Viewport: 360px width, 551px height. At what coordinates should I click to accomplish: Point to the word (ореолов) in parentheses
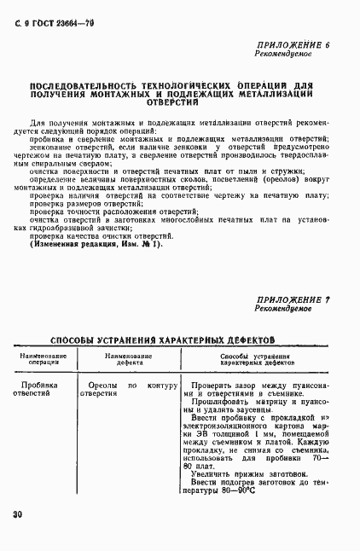[x=264, y=180]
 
